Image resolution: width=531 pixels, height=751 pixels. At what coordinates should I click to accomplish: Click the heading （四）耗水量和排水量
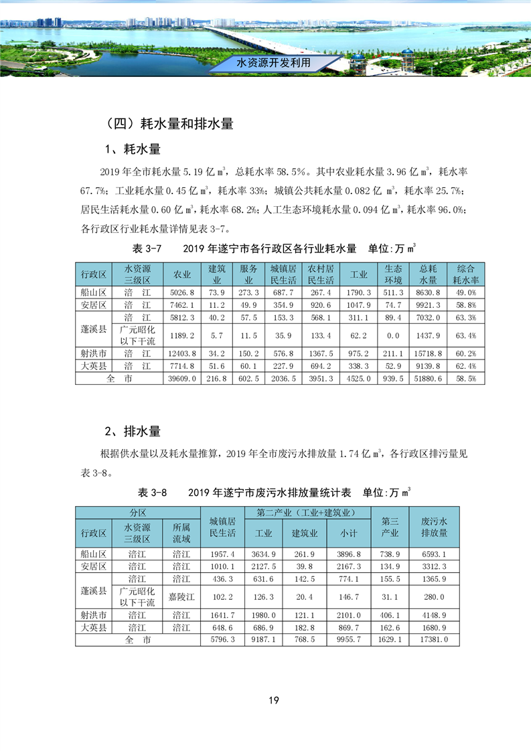tap(169, 124)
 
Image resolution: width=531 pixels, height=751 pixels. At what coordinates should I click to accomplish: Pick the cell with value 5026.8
tap(183, 293)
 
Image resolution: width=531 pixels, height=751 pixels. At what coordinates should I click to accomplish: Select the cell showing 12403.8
tap(183, 353)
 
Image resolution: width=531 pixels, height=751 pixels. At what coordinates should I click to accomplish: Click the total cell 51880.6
tap(429, 379)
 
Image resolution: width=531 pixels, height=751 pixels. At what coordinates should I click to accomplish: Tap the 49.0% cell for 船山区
tap(466, 293)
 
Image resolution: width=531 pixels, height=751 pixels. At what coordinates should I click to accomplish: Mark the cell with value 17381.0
tap(434, 640)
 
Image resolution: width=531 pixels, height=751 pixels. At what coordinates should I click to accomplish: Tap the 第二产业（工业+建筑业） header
tap(305, 513)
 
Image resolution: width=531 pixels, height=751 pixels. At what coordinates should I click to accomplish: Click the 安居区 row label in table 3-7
tap(94, 305)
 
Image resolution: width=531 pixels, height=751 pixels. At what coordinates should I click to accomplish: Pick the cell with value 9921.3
tap(429, 305)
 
